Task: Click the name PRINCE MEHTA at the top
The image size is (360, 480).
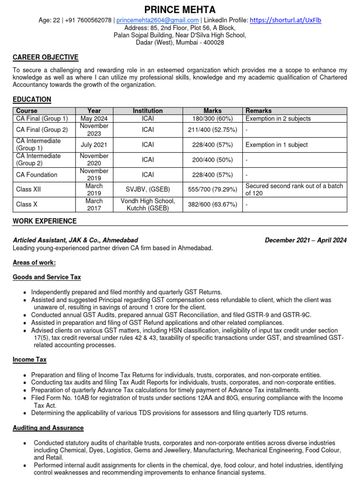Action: (180, 9)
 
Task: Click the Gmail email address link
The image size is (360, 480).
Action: (157, 20)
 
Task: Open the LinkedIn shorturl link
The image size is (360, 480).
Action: (285, 20)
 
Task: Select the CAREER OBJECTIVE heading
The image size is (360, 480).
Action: (45, 57)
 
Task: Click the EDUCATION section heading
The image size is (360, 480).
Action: (32, 99)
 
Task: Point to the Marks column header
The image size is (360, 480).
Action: (212, 111)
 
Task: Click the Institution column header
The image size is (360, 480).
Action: (148, 111)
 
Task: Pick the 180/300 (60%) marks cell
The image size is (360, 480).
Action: (212, 119)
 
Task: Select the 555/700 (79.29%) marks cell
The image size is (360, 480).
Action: (212, 189)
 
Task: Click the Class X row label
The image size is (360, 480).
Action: (27, 204)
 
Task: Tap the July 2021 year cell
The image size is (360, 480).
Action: (94, 145)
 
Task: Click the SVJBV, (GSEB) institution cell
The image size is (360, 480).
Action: (148, 189)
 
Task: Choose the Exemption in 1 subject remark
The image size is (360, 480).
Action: (277, 145)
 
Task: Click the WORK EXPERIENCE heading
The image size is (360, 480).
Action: (45, 221)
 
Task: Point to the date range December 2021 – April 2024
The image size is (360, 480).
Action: (306, 240)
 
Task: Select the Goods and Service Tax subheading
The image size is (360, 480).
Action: (47, 277)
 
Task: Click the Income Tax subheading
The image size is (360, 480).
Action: (30, 360)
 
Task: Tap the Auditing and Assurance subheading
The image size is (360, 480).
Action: (48, 428)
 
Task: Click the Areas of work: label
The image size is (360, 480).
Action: (34, 262)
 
